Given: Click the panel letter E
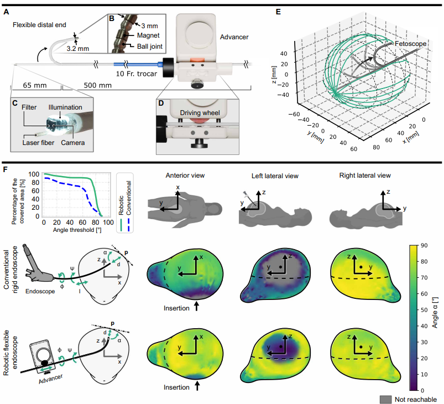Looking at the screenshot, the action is [278, 12].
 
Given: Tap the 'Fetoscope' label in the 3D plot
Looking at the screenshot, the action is [410, 44].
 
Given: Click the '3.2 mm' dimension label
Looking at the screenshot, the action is [78, 49].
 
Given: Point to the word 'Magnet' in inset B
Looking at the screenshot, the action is [148, 35].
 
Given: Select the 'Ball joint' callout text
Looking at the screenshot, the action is [150, 46].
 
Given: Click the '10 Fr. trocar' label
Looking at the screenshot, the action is [136, 74].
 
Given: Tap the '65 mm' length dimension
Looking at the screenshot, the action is [34, 85].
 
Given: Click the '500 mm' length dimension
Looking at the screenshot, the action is [97, 85].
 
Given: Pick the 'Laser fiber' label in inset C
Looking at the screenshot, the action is [38, 143].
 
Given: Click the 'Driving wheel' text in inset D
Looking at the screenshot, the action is [200, 113].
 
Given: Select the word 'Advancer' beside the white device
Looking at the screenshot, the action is [234, 37].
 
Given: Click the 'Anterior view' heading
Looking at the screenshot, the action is [185, 175].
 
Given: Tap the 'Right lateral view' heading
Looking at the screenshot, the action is [365, 175].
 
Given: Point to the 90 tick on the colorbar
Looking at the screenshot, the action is [424, 246].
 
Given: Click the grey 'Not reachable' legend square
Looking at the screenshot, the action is [386, 400].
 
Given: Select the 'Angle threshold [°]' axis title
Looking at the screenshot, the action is [77, 230].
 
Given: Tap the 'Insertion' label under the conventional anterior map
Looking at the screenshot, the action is [176, 308].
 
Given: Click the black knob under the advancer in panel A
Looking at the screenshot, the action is [196, 84].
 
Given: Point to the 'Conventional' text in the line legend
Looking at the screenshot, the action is [129, 198].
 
